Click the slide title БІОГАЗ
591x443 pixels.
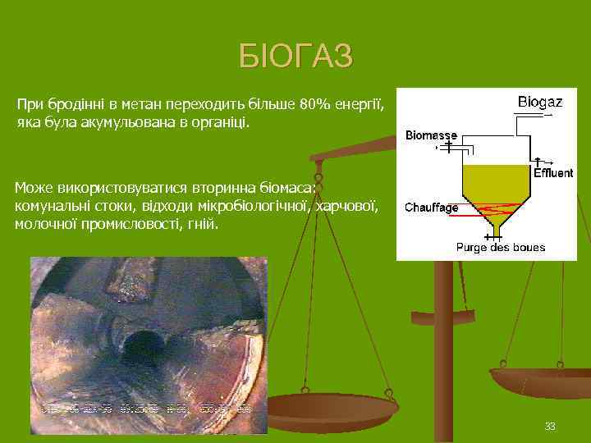pyautogui.click(x=295, y=56)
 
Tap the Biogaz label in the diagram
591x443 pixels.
pyautogui.click(x=539, y=103)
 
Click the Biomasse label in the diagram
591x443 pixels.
pyautogui.click(x=431, y=135)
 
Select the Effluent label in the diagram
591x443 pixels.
pyautogui.click(x=553, y=173)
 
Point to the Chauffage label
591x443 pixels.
pyautogui.click(x=432, y=208)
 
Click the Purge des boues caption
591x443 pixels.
pyautogui.click(x=501, y=247)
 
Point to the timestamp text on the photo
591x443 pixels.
pyautogui.click(x=148, y=405)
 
